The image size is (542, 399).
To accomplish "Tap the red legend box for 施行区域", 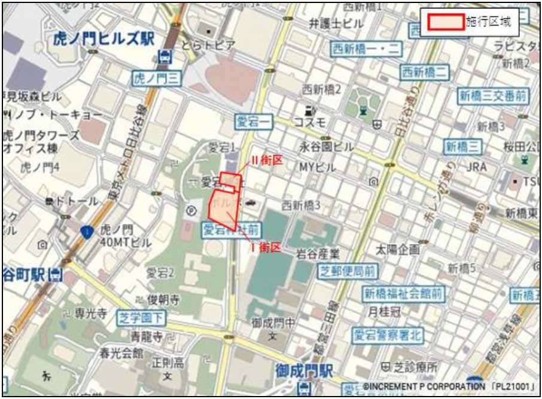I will click(x=443, y=22).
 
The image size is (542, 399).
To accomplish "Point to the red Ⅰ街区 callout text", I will click(x=265, y=248).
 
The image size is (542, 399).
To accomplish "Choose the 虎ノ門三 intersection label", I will click(x=156, y=77).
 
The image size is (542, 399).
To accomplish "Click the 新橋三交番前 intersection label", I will click(x=494, y=95).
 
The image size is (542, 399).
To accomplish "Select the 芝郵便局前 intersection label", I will click(x=348, y=271).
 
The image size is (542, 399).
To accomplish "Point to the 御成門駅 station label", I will click(x=304, y=371).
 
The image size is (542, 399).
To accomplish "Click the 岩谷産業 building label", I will click(x=318, y=254).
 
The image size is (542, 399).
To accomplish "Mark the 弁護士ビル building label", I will click(x=336, y=24).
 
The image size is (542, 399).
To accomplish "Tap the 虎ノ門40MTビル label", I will click(x=125, y=235).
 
